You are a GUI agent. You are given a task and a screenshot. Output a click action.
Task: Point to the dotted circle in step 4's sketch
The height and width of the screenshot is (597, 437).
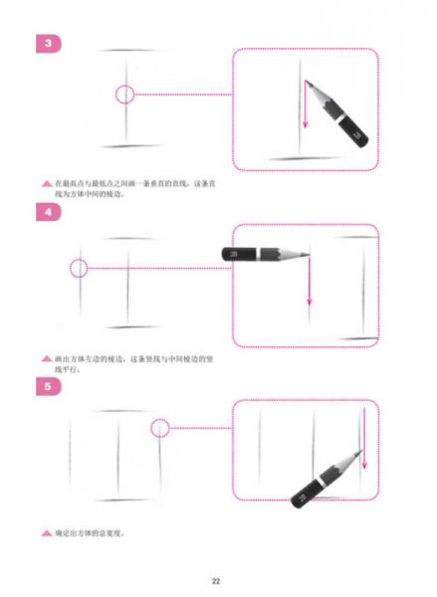pyautogui.click(x=79, y=268)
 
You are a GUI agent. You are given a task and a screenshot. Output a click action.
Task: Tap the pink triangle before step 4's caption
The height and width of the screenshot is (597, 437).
pyautogui.click(x=46, y=358)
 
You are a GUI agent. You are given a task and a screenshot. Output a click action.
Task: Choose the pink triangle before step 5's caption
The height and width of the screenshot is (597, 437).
pyautogui.click(x=46, y=532)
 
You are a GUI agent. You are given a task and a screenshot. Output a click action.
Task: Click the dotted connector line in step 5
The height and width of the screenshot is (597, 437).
pyautogui.click(x=199, y=428)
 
